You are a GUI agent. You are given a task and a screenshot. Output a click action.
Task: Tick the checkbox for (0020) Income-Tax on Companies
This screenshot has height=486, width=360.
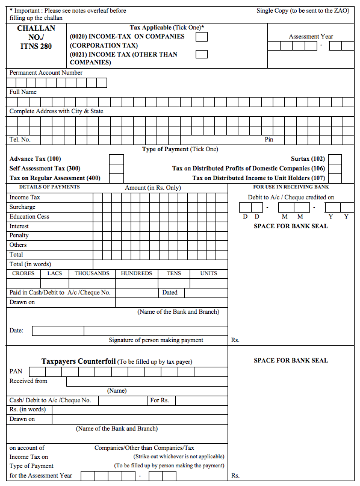point(202,37)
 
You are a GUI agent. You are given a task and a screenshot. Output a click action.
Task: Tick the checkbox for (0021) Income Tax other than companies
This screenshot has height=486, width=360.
point(202,54)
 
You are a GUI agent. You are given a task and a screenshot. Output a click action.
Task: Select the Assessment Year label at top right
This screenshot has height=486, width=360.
point(311,37)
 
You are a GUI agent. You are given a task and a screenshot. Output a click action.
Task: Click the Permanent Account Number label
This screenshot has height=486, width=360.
point(46,73)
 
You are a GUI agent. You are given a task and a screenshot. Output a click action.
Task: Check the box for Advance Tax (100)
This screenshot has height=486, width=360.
point(116,159)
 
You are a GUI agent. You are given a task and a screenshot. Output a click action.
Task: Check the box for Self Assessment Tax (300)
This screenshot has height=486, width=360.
point(116,169)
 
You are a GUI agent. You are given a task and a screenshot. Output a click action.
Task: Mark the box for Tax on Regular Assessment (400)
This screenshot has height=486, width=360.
point(116,178)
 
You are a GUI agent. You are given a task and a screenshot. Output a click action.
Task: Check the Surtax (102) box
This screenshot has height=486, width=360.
point(335,159)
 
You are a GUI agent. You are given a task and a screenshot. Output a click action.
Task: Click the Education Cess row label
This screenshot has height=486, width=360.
point(29,217)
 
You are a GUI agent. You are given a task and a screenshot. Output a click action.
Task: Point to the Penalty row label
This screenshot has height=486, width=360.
point(19,235)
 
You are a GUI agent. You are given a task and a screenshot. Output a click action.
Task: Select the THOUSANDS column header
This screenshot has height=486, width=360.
point(92,273)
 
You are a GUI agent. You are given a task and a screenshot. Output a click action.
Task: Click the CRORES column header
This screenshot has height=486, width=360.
point(23,273)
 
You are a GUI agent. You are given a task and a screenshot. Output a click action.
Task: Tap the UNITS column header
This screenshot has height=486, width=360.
point(208,273)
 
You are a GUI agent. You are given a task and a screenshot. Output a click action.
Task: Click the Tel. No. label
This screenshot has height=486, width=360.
point(20,140)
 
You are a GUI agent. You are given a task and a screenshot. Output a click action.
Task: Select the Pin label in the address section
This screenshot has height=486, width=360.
point(269,140)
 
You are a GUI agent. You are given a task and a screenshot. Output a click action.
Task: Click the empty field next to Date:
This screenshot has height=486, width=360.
point(66,331)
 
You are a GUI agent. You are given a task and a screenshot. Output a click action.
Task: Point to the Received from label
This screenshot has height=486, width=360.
point(28,381)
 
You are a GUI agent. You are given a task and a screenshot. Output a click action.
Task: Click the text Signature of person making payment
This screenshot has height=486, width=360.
point(156,340)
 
